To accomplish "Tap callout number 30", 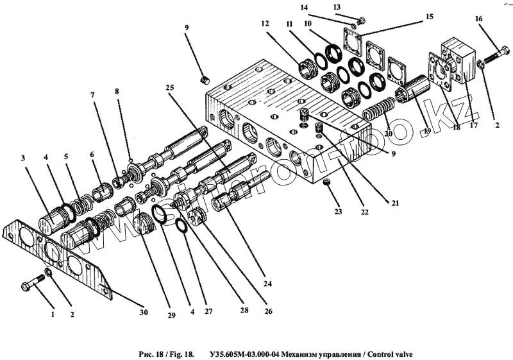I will [144, 313].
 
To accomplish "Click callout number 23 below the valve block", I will [339, 211].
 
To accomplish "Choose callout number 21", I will [396, 203].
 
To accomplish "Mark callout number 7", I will [93, 96].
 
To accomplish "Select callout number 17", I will [473, 126].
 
